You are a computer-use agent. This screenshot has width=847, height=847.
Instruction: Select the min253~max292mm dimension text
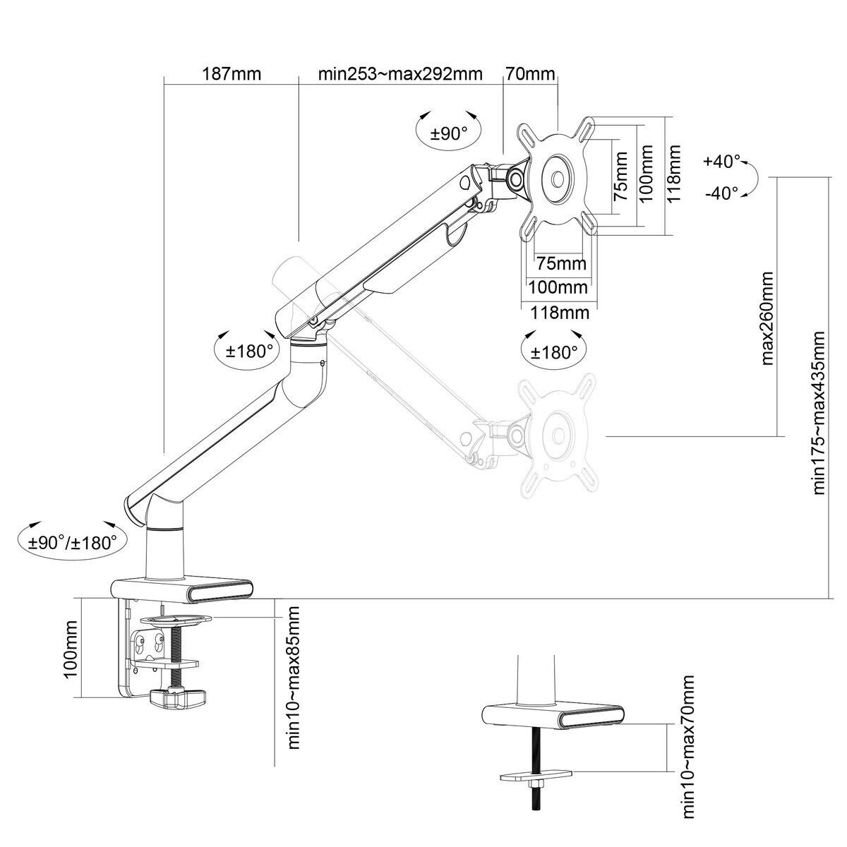pyautogui.click(x=400, y=74)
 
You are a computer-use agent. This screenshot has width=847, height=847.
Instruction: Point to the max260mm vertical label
pyautogui.click(x=769, y=318)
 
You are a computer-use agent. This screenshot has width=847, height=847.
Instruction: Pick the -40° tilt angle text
pyautogui.click(x=721, y=192)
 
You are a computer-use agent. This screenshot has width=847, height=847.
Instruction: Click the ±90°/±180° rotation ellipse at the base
pyautogui.click(x=68, y=542)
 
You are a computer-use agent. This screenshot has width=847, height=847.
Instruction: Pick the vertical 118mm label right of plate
pyautogui.click(x=675, y=174)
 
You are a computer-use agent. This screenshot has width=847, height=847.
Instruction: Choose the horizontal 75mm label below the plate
pyautogui.click(x=561, y=264)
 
